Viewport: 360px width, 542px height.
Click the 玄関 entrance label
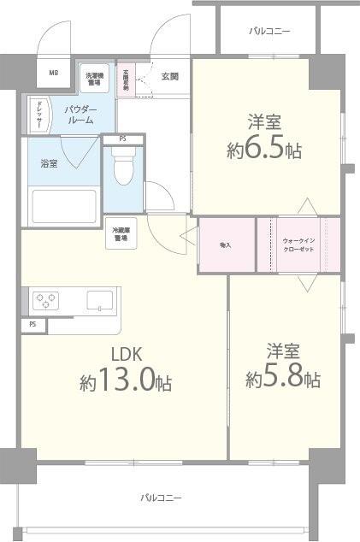click(x=169, y=77)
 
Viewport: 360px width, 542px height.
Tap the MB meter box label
click(x=53, y=74)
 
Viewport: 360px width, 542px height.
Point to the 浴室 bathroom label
click(x=49, y=162)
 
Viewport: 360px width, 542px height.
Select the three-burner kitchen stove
click(x=44, y=300)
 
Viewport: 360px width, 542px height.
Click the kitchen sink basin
click(x=99, y=300)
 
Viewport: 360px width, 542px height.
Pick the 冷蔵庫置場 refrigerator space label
click(x=121, y=235)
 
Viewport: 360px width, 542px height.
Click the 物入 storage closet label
click(x=226, y=245)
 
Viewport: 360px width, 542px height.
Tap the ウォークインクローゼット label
click(x=298, y=245)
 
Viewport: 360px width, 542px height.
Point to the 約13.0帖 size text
click(x=127, y=382)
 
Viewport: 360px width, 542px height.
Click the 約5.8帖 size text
click(x=283, y=377)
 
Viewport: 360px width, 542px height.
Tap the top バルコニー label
click(x=269, y=31)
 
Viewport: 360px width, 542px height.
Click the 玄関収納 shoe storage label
click(x=126, y=80)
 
